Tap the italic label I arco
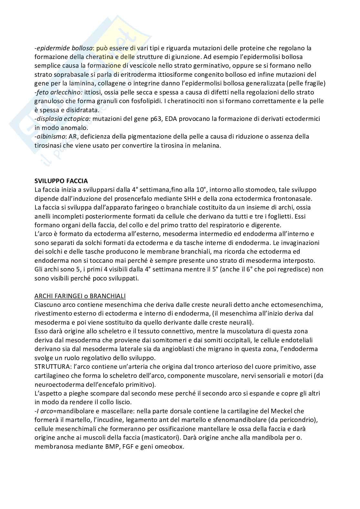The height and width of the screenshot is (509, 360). tap(44, 411)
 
